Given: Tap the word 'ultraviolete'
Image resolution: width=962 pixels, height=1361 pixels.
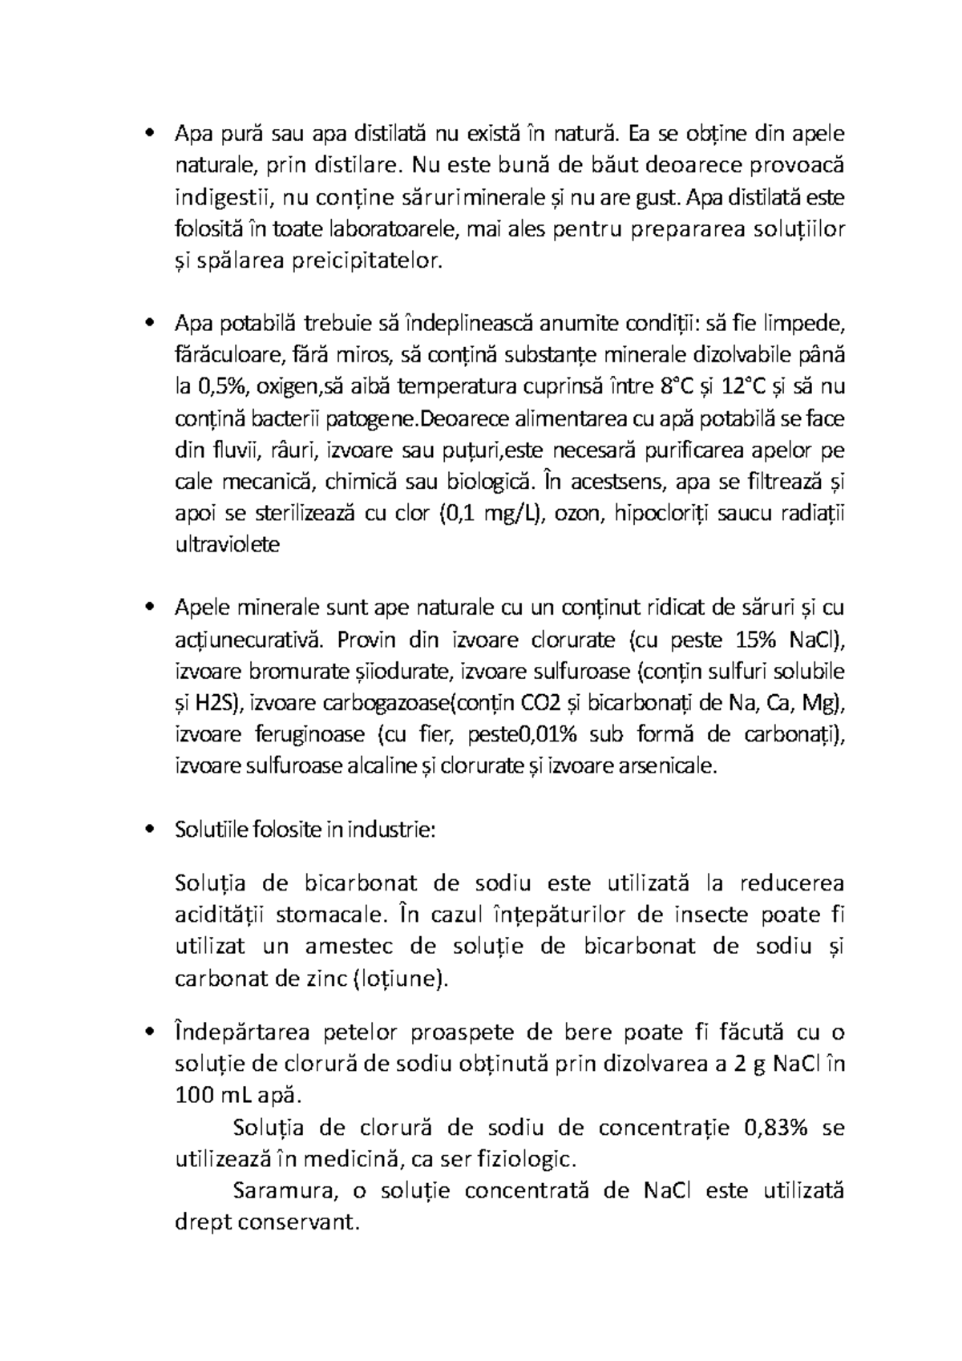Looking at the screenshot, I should tap(227, 545).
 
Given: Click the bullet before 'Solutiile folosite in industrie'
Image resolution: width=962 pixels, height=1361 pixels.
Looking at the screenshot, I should tap(148, 830).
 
